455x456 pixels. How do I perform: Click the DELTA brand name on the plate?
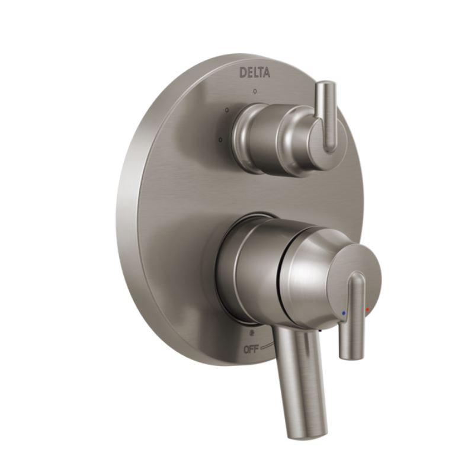pos(255,72)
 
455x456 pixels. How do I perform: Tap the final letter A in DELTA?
pos(267,73)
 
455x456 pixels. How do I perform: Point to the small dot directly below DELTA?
pos(254,92)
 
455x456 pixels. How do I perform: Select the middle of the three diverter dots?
pos(227,110)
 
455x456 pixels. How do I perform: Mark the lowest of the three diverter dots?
pos(220,140)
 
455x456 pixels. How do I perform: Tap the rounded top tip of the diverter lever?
pos(326,86)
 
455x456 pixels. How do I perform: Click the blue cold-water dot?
pos(344,312)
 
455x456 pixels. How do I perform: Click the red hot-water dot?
pos(367,309)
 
